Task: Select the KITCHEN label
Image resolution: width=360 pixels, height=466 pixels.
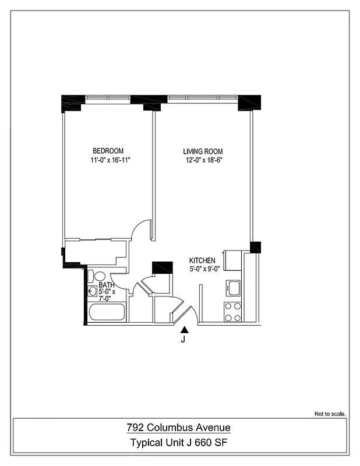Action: coord(202,260)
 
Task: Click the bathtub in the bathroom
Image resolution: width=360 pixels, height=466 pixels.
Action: coord(107,312)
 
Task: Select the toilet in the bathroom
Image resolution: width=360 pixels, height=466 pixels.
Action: coord(98,276)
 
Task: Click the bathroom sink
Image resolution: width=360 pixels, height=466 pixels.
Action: coord(92,291)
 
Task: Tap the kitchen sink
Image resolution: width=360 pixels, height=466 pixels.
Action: coord(234,288)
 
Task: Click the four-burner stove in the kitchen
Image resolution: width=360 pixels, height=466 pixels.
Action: coord(233,312)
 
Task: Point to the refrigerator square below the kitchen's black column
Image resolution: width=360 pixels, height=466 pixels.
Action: coord(233,260)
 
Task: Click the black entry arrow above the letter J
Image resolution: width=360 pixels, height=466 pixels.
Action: coord(185,330)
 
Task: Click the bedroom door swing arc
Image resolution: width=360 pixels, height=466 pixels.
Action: coord(139,228)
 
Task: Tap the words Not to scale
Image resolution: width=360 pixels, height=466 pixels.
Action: coord(330,414)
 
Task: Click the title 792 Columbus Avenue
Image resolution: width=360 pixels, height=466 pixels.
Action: coord(179,428)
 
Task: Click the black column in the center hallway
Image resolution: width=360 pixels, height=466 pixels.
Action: coord(162,268)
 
